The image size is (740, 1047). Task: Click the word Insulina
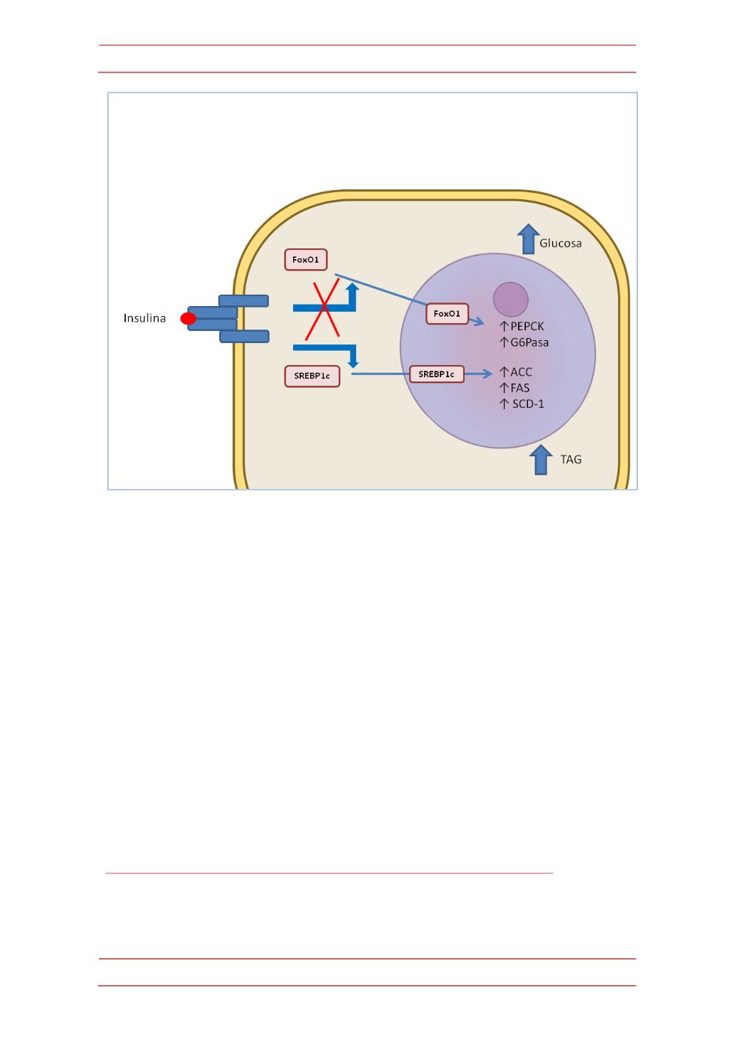(144, 318)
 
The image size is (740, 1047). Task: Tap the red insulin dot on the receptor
(189, 318)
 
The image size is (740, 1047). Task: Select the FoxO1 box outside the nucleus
(305, 260)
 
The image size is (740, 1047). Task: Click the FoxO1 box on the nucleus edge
(447, 314)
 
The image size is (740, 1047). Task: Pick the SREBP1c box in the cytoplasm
(312, 377)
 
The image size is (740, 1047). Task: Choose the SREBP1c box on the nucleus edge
(437, 374)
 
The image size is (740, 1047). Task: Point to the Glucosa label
(561, 243)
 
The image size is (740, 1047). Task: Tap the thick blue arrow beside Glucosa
(529, 239)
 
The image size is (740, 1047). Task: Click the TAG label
(571, 460)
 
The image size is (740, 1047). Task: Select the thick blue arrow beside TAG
(541, 460)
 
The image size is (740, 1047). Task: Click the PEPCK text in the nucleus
(527, 326)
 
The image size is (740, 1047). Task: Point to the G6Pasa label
(529, 342)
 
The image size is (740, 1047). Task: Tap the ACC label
(522, 372)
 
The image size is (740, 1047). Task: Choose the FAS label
(520, 388)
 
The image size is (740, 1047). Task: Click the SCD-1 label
(529, 404)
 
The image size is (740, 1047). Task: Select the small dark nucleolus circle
(511, 300)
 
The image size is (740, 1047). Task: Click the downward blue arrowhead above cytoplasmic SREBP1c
(354, 363)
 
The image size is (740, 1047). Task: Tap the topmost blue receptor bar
(244, 300)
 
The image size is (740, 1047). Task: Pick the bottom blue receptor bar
(244, 337)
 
